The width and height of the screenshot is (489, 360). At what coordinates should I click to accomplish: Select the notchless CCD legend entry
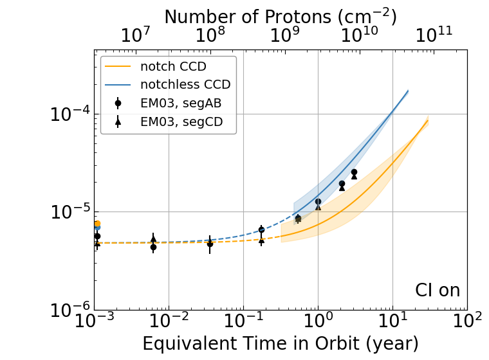click(185, 84)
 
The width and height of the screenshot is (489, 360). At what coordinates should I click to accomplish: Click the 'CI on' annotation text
click(438, 291)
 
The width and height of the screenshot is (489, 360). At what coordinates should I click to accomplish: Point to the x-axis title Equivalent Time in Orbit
click(281, 343)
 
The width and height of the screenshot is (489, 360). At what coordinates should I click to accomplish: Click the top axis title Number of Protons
click(281, 16)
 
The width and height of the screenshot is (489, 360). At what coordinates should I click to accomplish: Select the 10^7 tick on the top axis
click(136, 36)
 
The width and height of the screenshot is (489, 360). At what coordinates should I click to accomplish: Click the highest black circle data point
click(354, 172)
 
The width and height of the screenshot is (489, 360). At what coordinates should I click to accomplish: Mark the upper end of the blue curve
click(408, 91)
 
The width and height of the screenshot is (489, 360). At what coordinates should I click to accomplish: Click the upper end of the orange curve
click(428, 120)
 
